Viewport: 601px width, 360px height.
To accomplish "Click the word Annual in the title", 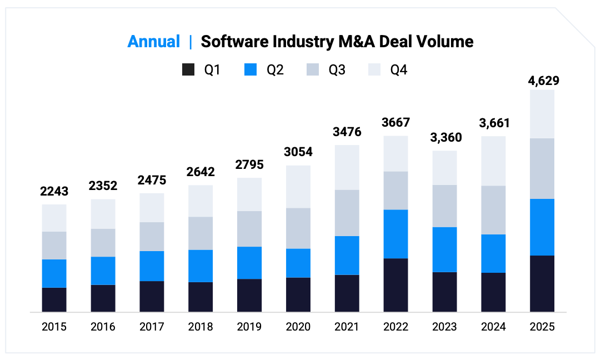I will point(154,42).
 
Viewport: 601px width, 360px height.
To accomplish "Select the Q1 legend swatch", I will point(189,70).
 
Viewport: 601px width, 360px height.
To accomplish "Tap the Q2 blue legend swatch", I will point(251,70).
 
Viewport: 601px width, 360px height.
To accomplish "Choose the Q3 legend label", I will point(337,70).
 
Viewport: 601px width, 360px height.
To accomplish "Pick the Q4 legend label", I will point(398,70).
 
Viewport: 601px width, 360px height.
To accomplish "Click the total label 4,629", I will point(542,81).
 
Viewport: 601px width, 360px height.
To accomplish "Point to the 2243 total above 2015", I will point(54,192).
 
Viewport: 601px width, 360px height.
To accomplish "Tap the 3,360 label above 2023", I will point(444,138).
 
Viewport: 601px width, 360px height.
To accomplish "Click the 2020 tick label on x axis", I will point(298,327).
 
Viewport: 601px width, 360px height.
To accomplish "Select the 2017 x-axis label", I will point(152,327).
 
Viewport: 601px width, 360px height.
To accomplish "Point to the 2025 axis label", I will point(542,327).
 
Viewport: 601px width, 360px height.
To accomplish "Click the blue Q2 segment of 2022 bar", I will point(395,234).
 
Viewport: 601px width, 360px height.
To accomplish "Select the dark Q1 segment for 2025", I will point(542,283).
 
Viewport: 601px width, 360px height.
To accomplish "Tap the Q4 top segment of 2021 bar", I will point(347,167).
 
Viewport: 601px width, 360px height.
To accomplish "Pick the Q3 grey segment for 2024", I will point(493,210).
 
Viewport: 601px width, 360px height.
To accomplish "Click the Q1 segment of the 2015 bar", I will point(54,299).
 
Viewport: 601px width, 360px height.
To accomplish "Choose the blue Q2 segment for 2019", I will point(249,263).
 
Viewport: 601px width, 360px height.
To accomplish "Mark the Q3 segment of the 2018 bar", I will point(201,233).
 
